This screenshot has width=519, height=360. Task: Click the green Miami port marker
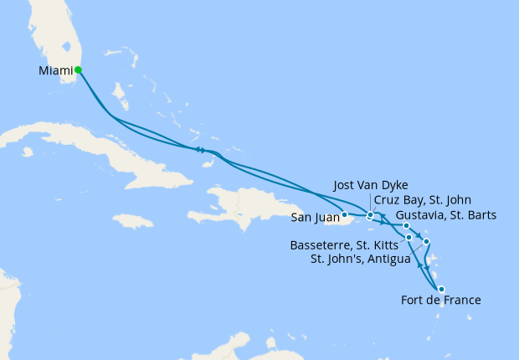pyautogui.click(x=78, y=70)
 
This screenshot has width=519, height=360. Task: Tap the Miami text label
pyautogui.click(x=55, y=71)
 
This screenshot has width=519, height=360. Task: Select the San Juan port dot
pyautogui.click(x=344, y=214)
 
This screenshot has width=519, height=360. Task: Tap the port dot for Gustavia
pyautogui.click(x=405, y=226)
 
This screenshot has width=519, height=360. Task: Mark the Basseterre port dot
pyautogui.click(x=409, y=238)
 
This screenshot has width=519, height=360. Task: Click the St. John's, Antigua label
pyautogui.click(x=361, y=259)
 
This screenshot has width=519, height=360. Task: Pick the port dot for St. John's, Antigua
pyautogui.click(x=426, y=242)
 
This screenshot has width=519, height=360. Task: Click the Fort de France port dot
pyautogui.click(x=441, y=290)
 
